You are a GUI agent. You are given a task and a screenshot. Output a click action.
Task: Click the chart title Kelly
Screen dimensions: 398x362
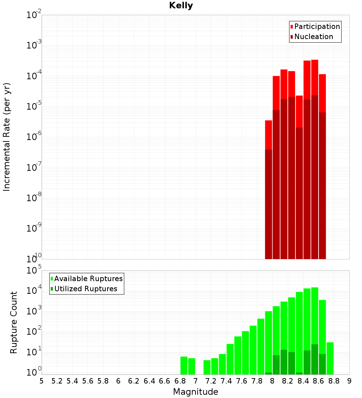point(181,6)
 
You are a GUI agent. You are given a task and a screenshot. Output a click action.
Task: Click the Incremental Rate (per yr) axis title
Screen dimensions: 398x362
point(7,137)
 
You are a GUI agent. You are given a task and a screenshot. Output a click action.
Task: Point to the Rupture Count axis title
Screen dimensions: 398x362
point(14,322)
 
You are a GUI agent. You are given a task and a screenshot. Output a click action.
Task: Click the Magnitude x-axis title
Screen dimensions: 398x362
point(195,392)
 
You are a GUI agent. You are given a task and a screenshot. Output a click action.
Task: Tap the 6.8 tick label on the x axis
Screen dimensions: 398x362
point(180,381)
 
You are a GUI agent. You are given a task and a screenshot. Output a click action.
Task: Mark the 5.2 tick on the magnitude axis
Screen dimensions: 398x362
point(57,381)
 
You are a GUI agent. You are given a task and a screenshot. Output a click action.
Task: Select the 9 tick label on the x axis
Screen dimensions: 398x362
point(349,381)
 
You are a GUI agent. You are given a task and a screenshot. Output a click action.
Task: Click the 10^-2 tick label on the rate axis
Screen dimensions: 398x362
point(34,15)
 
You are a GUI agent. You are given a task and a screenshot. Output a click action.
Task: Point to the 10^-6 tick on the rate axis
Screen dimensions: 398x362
point(34,137)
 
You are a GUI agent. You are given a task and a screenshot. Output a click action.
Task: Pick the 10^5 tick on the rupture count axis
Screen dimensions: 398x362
point(34,271)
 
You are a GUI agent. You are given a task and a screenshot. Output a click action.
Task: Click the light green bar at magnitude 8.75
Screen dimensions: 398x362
point(330,358)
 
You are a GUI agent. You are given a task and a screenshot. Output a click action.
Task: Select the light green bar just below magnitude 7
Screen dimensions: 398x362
point(191,366)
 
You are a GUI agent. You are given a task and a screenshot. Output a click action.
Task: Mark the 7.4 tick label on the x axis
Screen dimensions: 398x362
point(226,381)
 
